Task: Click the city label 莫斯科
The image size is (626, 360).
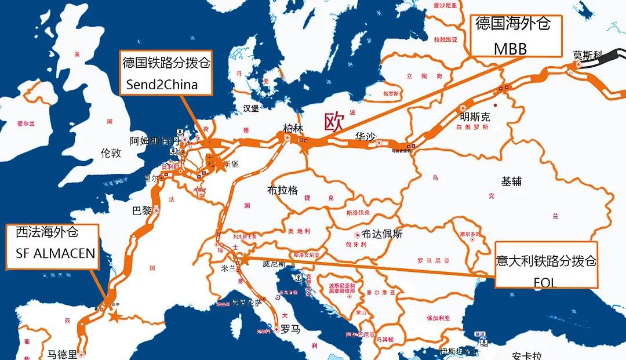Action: click(588, 56)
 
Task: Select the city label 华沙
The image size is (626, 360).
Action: click(366, 137)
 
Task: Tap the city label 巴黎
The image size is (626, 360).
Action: click(141, 210)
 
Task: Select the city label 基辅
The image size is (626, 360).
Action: click(512, 181)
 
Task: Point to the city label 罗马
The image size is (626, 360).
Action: click(290, 330)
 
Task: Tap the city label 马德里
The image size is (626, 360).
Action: click(62, 354)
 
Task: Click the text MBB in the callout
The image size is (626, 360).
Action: click(510, 49)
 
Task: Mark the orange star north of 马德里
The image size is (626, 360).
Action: click(114, 317)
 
